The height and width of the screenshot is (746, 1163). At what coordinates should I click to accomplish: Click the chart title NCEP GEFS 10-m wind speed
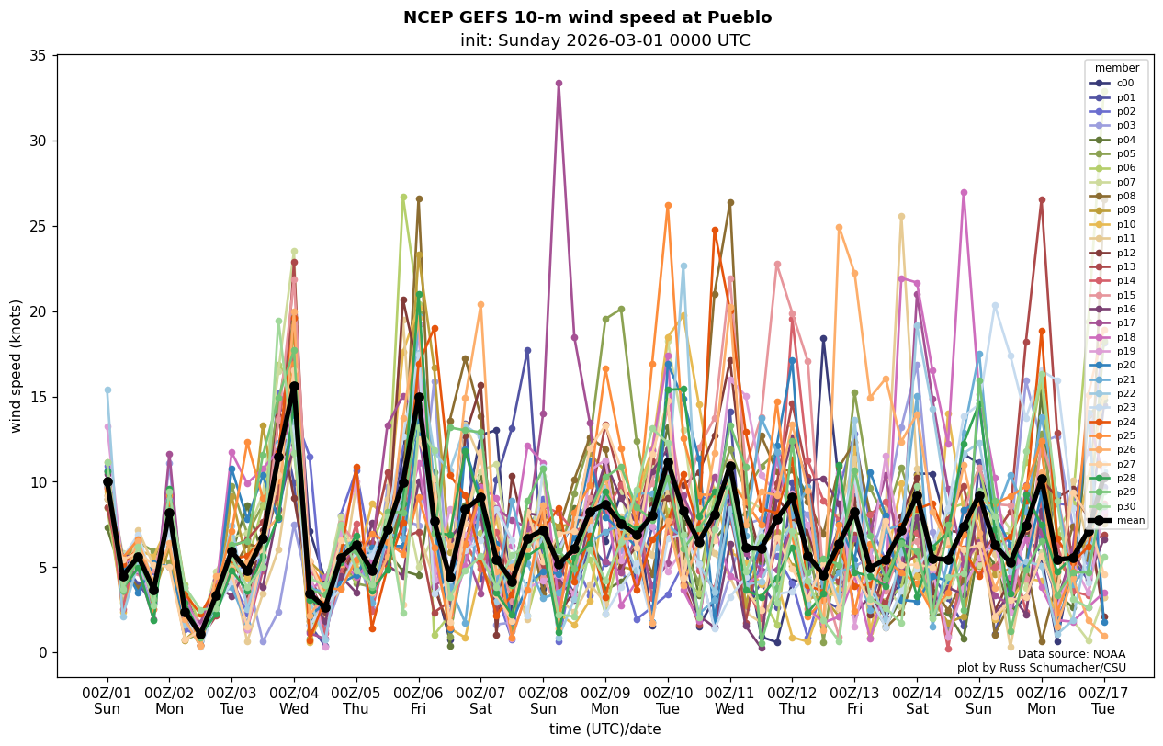(x=587, y=17)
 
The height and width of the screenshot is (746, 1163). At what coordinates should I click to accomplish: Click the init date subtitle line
(x=604, y=40)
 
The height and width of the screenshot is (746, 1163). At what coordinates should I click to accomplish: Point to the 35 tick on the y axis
(x=39, y=56)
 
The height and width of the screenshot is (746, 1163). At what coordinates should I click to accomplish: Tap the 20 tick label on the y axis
(x=39, y=311)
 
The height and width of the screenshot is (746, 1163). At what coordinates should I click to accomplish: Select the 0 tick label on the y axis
(x=42, y=653)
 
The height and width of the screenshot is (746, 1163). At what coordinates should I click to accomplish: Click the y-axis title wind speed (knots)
(x=17, y=366)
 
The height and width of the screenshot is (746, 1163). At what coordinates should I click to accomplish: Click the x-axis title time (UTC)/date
(x=604, y=729)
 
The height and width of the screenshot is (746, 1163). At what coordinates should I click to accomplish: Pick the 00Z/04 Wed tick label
(x=294, y=701)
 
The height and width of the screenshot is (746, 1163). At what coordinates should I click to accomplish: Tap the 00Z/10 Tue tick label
(x=668, y=701)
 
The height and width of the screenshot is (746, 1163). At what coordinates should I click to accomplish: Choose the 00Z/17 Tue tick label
(x=1103, y=701)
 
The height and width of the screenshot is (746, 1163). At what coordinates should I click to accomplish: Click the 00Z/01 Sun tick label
(x=107, y=701)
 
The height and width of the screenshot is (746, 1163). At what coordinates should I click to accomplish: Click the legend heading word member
(x=1116, y=68)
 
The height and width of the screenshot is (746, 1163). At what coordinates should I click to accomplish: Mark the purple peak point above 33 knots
(x=559, y=83)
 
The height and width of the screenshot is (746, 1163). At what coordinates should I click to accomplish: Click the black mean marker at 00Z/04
(x=294, y=387)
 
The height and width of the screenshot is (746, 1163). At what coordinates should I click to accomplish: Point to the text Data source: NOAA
(x=1071, y=654)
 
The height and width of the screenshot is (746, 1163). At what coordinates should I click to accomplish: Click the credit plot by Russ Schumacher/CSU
(x=1041, y=668)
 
